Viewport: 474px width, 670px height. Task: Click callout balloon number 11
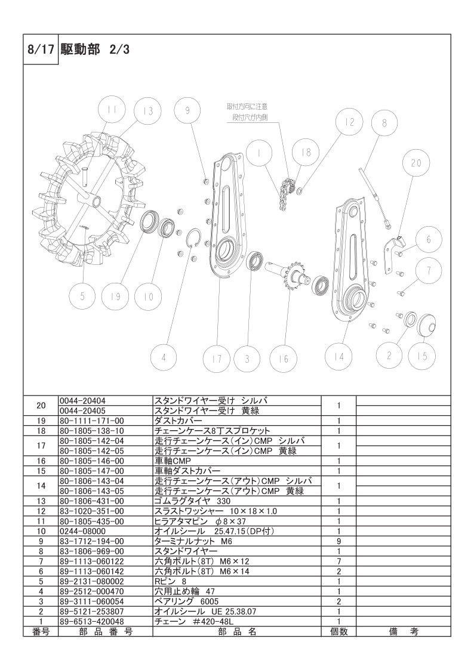112,110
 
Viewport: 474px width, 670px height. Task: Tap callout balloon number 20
417,162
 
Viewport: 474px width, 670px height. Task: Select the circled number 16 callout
284,358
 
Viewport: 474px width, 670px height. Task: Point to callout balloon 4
164,358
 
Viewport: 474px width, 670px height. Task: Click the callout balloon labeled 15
422,356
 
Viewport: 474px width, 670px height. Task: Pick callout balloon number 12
349,122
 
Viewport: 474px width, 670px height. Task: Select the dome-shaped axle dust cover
425,326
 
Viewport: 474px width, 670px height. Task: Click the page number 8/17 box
41,50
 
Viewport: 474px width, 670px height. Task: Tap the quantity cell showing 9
338,541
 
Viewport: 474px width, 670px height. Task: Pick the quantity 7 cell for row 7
338,561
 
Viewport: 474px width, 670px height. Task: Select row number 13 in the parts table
41,501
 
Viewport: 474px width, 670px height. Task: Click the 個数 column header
338,632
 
